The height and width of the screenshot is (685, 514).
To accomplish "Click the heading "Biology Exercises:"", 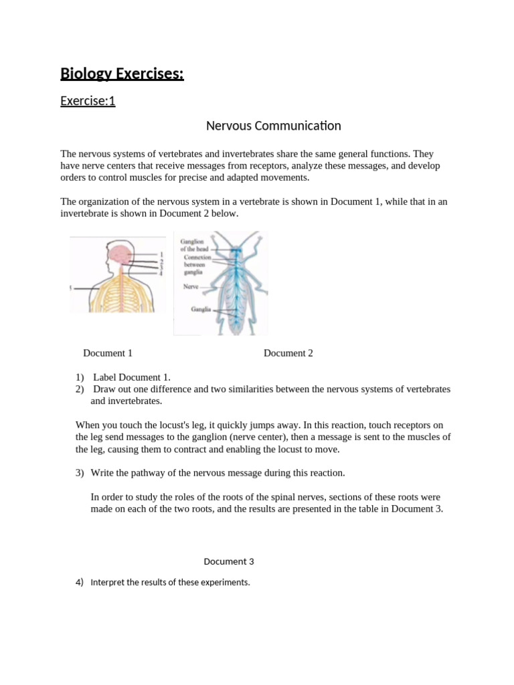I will [x=122, y=74].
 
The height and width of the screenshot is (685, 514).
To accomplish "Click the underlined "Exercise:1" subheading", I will [x=88, y=102].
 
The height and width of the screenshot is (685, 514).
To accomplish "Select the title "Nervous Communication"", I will [x=273, y=126].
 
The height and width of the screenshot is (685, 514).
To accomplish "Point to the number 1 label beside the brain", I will [x=161, y=254].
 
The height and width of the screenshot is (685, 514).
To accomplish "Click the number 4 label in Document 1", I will [x=161, y=273].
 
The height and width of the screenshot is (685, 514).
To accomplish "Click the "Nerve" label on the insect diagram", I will [x=191, y=286].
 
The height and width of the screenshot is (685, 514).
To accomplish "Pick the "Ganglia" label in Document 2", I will [x=200, y=309].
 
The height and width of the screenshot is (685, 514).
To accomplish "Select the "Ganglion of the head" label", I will [x=194, y=245].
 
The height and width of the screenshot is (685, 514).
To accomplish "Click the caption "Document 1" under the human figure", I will [x=108, y=353].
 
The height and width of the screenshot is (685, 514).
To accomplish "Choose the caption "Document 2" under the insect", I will [x=288, y=353].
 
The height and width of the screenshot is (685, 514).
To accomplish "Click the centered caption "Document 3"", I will [x=229, y=562].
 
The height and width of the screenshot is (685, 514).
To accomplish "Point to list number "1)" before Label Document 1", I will [x=80, y=377].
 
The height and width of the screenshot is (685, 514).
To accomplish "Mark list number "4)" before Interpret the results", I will [x=80, y=582].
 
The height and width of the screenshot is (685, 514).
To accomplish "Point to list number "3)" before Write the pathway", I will [x=80, y=473].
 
